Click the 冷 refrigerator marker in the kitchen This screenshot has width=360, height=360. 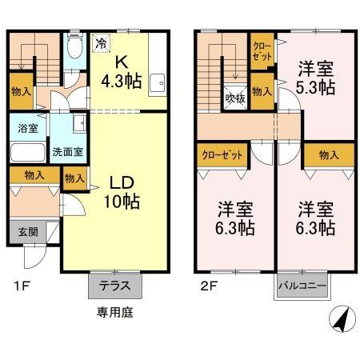[x=102, y=44]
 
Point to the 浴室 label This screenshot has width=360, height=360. [x=28, y=127]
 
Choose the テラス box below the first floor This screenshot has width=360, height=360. [x=115, y=286]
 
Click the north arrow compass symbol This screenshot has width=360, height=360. [x=341, y=319]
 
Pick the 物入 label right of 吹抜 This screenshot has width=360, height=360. [x=261, y=93]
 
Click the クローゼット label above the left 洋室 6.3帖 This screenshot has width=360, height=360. [x=221, y=154]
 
